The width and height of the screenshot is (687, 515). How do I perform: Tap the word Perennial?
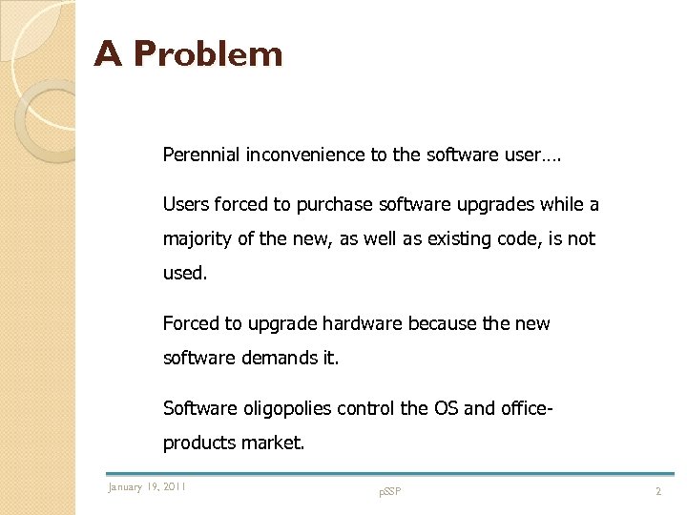pos(202,154)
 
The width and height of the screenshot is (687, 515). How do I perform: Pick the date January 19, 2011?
pos(147,487)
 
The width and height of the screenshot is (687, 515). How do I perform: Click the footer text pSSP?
pos(389,491)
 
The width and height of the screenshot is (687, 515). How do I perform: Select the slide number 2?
pos(657,491)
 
